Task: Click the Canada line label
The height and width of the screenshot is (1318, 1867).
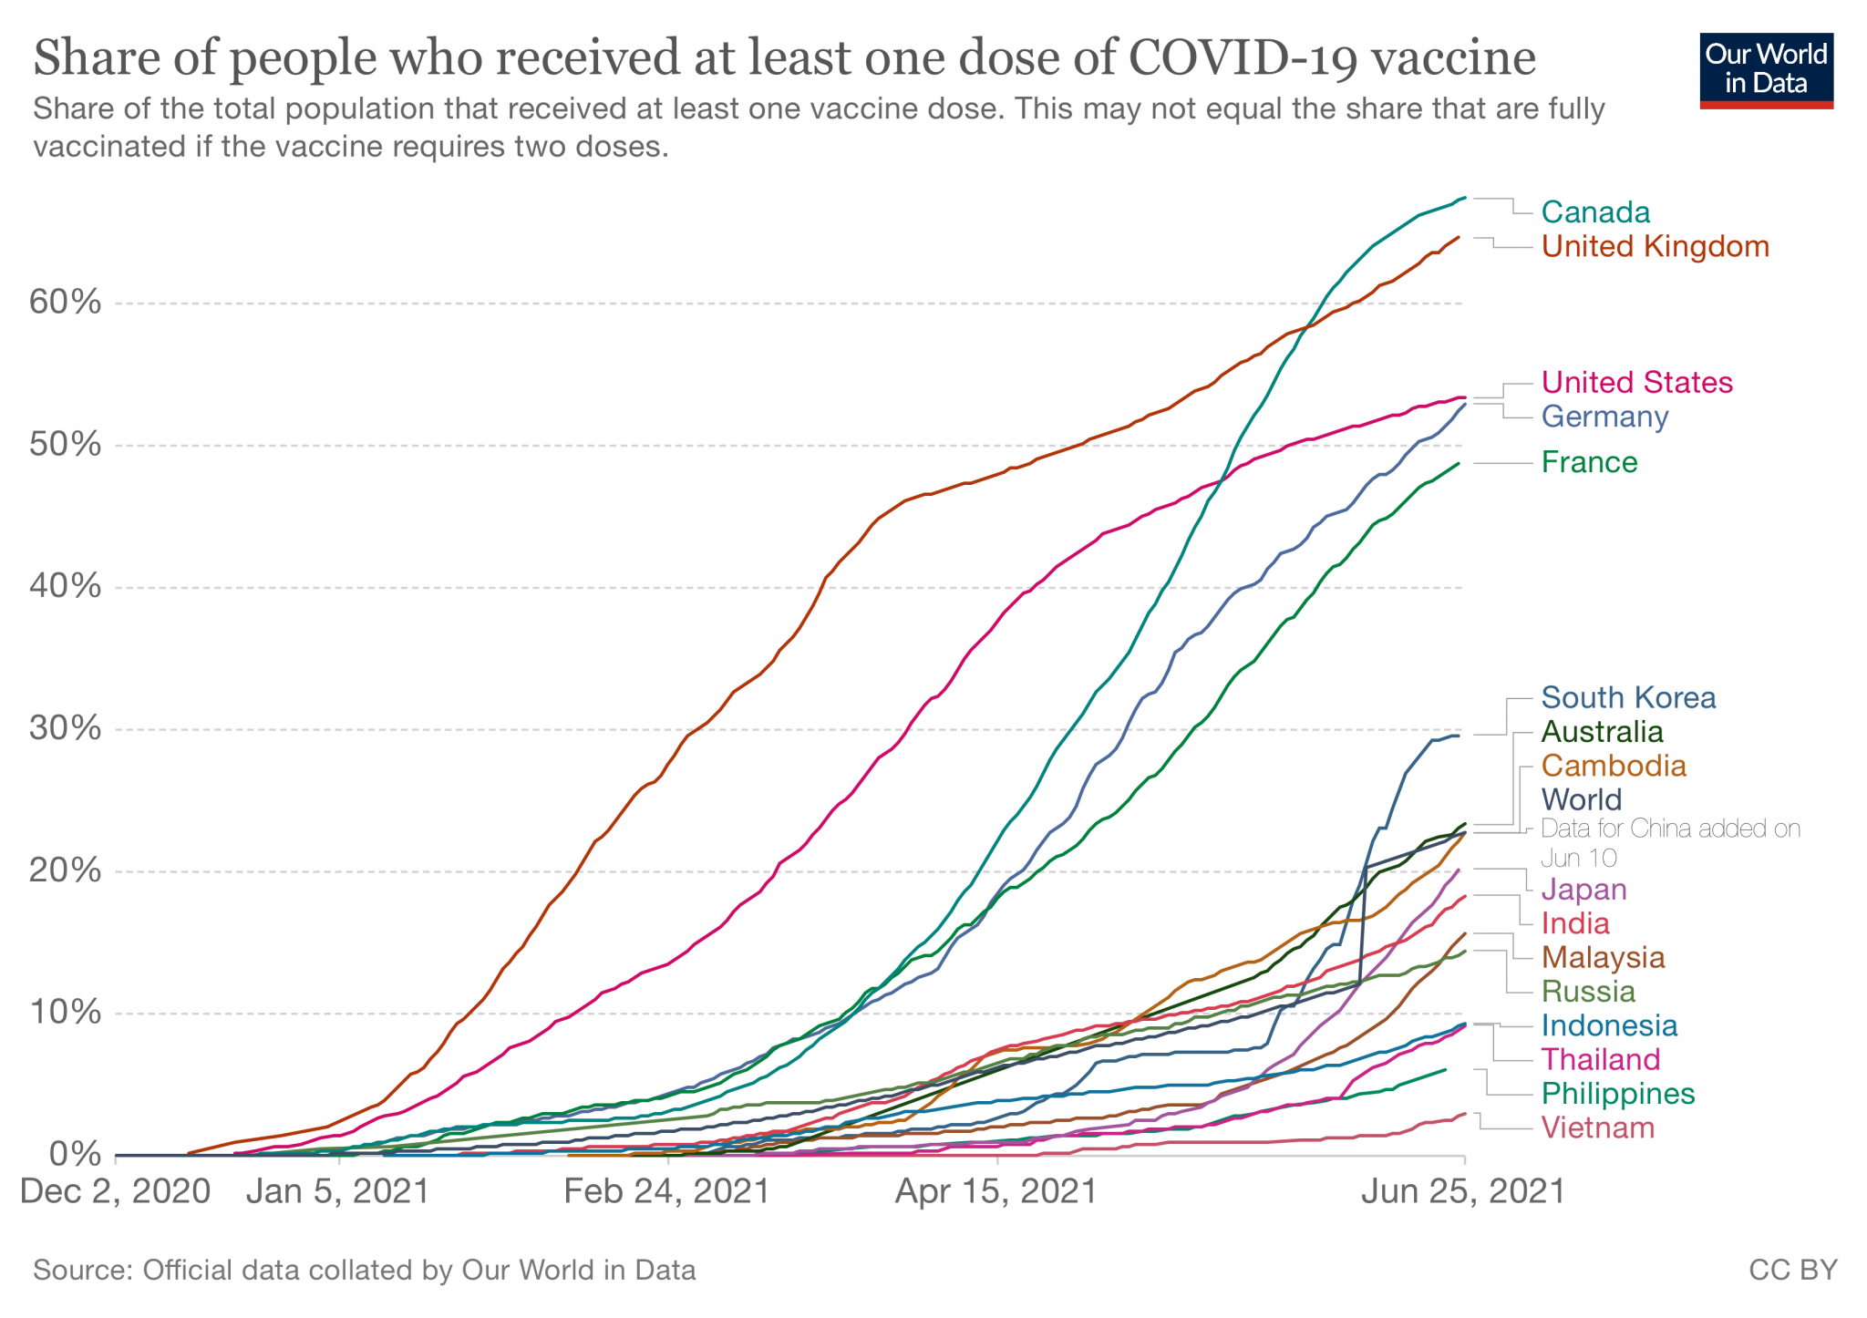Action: (x=1595, y=212)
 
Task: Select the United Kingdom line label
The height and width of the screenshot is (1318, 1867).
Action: (x=1655, y=246)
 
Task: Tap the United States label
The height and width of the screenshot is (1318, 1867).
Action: (x=1636, y=382)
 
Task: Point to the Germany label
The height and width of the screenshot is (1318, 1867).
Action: (x=1604, y=417)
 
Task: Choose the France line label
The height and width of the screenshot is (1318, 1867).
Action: (x=1589, y=462)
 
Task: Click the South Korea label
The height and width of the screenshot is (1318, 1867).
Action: (x=1628, y=697)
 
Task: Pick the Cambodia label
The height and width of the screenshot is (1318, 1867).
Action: (x=1614, y=766)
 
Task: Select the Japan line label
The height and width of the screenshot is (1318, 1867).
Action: (x=1583, y=889)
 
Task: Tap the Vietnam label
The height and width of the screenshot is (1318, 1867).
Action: (x=1597, y=1128)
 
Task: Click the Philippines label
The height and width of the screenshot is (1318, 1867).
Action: (x=1617, y=1094)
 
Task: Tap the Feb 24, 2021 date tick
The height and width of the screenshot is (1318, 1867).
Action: (x=667, y=1191)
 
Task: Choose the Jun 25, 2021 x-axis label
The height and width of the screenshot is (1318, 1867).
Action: (x=1462, y=1191)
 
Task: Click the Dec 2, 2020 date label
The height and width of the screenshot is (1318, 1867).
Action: (x=116, y=1191)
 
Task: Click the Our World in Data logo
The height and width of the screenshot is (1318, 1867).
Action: (x=1766, y=70)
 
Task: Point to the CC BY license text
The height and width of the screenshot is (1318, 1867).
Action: (x=1792, y=1270)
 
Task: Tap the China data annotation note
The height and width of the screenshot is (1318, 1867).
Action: (x=1670, y=842)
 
